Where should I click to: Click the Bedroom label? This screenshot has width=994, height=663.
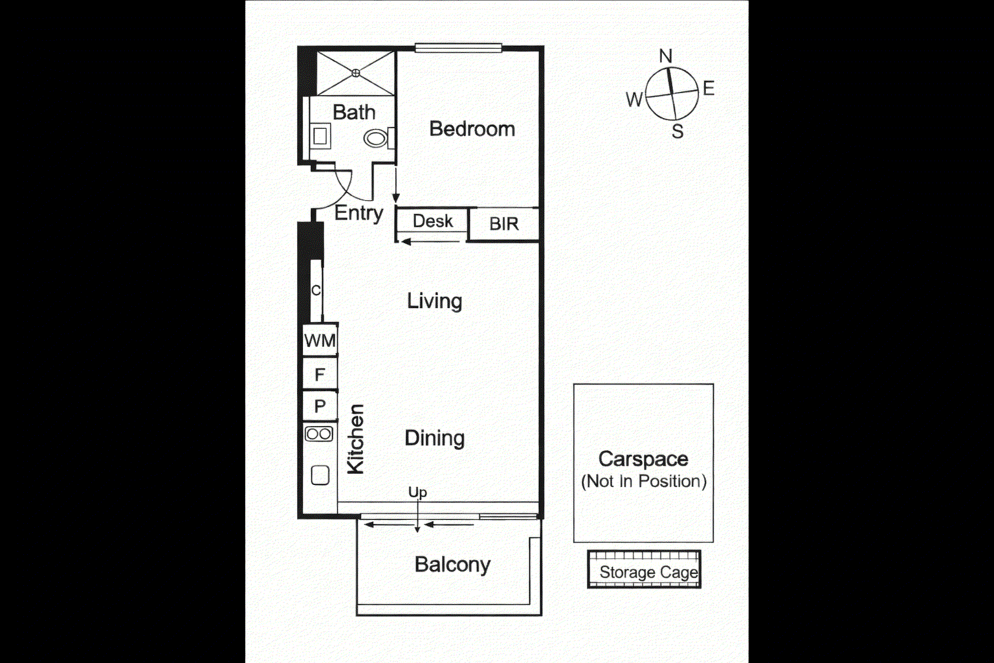472,129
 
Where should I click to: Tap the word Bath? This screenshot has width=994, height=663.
353,112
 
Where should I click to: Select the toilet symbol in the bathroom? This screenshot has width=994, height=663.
375,138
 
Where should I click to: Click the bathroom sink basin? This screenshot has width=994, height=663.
320,137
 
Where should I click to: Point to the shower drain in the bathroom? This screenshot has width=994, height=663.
355,73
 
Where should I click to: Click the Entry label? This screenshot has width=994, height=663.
359,212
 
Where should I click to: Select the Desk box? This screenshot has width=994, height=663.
432,221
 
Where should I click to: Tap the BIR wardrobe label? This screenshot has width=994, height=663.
503,224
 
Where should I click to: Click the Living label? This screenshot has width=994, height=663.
434,301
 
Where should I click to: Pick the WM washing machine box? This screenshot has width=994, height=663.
320,341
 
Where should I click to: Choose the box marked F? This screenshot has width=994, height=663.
320,374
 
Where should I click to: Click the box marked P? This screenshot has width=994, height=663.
320,407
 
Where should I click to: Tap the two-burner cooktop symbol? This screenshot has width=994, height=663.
319,434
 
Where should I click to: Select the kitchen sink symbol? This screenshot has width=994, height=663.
320,475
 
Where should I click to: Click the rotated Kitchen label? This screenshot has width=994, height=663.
356,439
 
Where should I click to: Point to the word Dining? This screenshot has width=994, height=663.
434,438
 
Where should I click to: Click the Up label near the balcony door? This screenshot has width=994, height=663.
417,492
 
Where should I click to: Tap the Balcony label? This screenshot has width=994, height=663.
452,565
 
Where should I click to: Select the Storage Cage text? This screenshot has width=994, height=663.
648,572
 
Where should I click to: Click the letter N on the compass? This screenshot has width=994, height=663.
665,56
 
